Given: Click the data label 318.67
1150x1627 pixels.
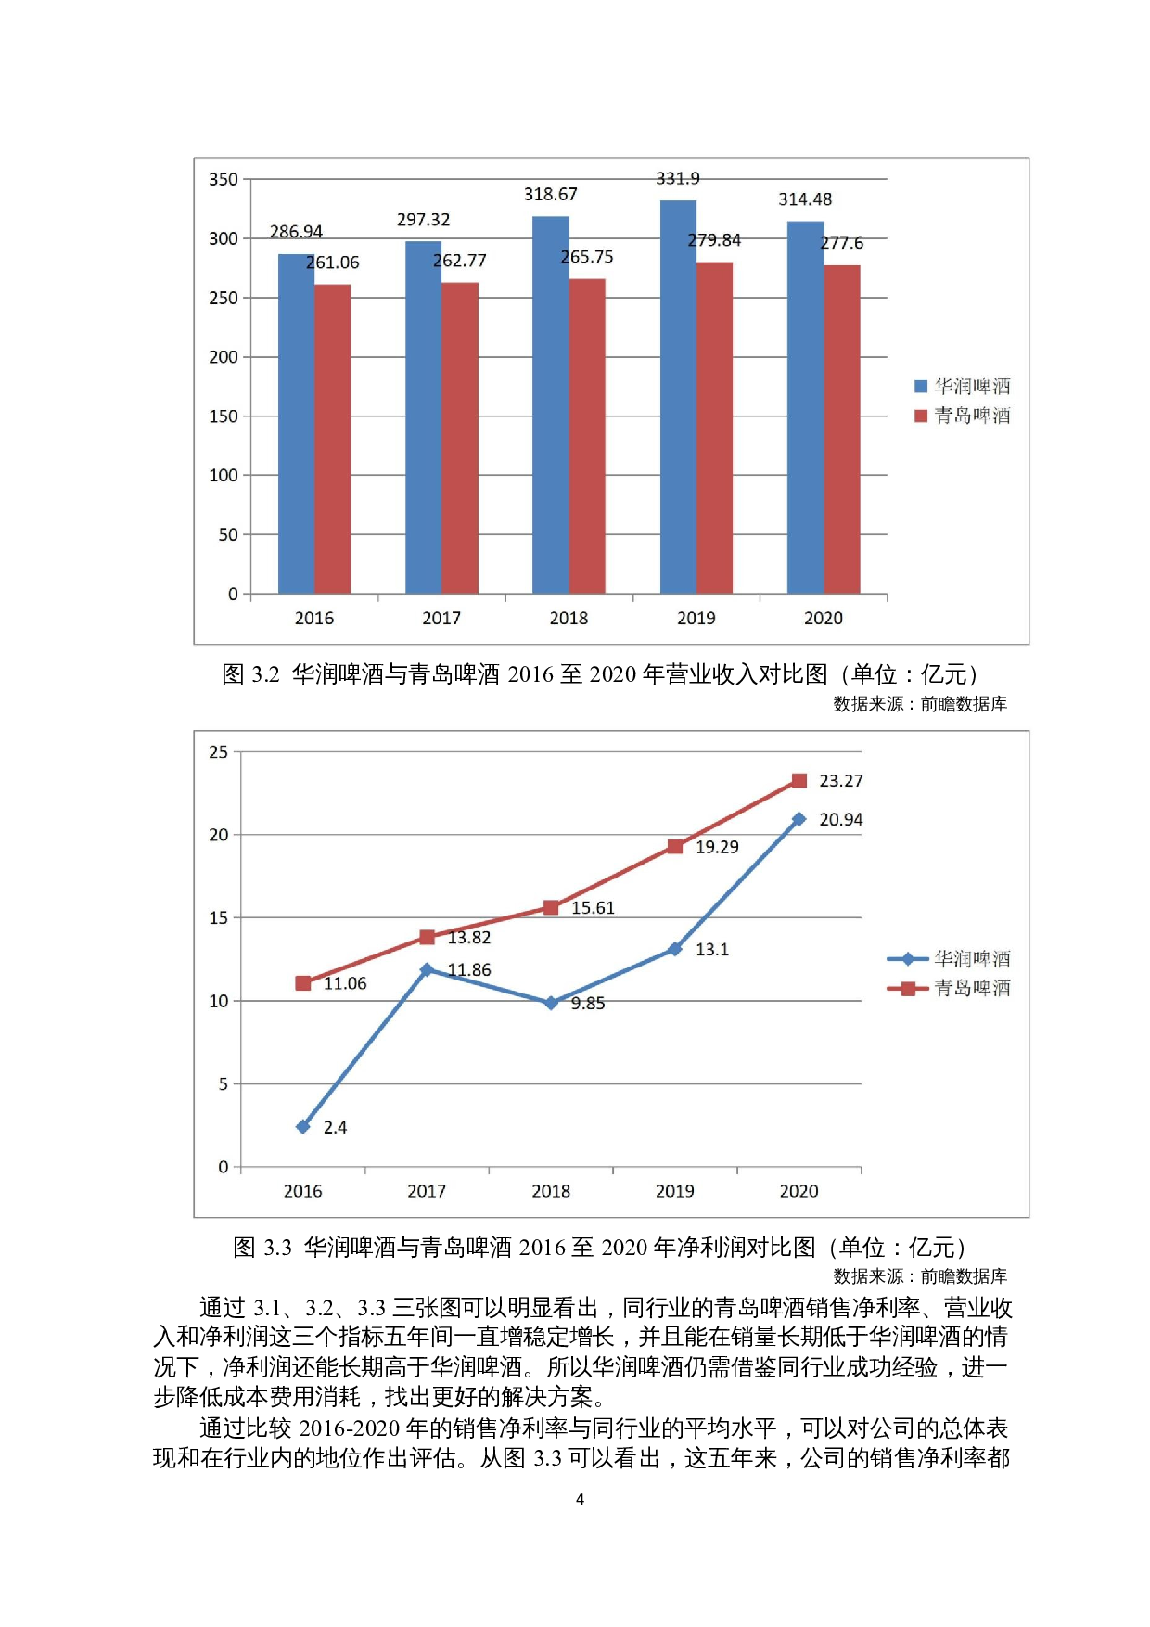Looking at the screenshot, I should point(550,194).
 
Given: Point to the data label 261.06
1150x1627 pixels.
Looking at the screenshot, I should point(333,263).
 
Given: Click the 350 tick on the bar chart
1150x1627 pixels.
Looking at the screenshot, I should point(224,179).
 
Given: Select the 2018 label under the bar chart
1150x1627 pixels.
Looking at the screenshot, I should point(569,619).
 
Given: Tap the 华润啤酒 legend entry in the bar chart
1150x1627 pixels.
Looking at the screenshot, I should point(962,386).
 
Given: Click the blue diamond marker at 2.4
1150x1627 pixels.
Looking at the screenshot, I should point(302,1127).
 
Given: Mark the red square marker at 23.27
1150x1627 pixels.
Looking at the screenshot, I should point(799,781).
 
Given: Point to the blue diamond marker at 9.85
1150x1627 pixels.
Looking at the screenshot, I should point(551,1003).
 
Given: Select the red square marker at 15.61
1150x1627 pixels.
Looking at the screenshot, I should point(551,907).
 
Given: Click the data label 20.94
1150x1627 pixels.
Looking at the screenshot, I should point(840,820).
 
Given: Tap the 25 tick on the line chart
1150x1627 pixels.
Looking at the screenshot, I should point(218,752).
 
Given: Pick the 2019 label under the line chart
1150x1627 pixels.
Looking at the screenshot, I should point(674,1192).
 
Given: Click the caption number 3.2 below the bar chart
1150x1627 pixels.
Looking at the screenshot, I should point(265,674).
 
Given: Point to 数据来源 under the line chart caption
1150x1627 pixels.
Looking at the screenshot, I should point(867,1276).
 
